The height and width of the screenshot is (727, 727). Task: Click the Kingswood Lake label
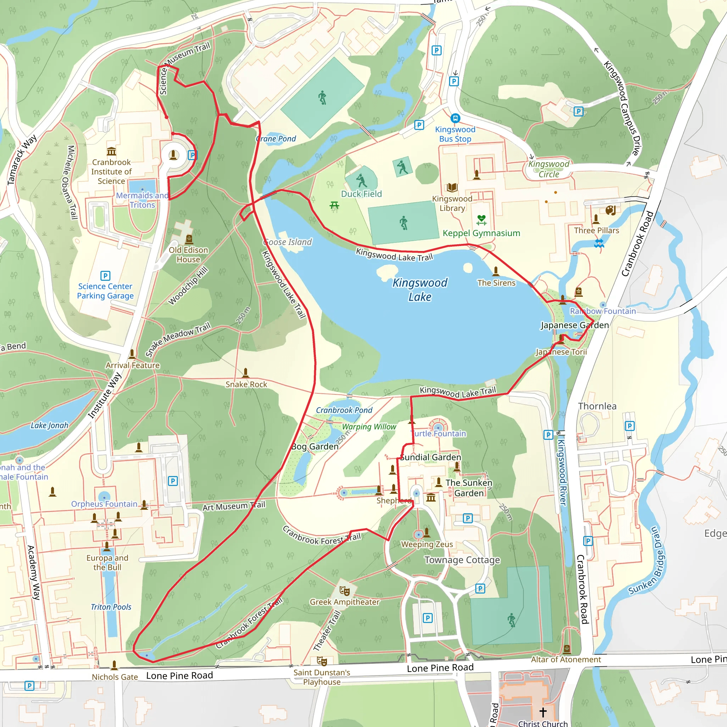tap(420, 290)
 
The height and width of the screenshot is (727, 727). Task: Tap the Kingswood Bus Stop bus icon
tap(455, 118)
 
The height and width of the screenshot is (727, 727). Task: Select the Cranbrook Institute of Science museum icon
tap(111, 152)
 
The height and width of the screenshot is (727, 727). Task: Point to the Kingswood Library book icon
tap(452, 187)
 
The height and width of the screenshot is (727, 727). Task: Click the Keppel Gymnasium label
tap(481, 233)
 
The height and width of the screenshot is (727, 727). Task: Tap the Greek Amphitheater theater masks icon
tap(344, 591)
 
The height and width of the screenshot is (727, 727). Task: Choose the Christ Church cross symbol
tap(543, 712)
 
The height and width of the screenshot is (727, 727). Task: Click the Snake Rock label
tap(246, 384)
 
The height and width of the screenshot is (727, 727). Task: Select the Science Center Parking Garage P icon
tap(105, 276)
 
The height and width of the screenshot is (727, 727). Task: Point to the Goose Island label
tap(288, 242)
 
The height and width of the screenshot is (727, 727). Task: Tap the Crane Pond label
tap(276, 139)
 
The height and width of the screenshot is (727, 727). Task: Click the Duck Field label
tap(361, 194)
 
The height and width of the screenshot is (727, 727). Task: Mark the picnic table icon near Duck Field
tap(334, 205)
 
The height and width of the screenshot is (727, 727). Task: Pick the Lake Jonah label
tap(49, 425)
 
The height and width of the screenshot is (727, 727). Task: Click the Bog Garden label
tap(315, 447)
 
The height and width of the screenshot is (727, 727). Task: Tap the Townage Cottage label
tap(462, 560)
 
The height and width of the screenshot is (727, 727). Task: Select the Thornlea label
tap(597, 406)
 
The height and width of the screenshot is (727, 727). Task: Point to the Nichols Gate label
tap(115, 677)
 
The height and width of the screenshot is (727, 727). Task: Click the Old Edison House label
tap(188, 255)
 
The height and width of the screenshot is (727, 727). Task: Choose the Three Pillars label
tap(596, 230)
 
